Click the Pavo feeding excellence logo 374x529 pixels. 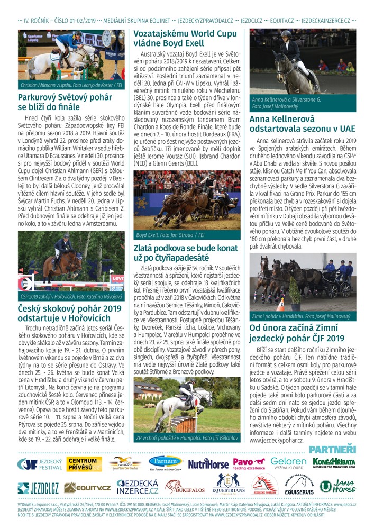tap(250, 464)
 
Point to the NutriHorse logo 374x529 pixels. tap(208, 464)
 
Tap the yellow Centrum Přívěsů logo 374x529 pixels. tap(85, 464)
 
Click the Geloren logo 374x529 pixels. tap(288, 464)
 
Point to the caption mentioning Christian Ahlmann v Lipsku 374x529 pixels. tap(71, 85)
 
